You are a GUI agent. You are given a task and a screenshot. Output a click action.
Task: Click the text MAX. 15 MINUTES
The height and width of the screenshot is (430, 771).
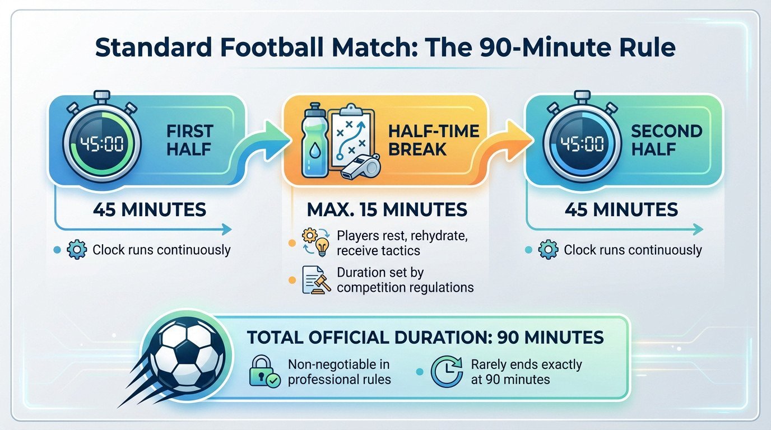coord(387,209)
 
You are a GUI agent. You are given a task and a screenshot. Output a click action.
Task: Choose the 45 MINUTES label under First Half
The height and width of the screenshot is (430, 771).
coord(149,209)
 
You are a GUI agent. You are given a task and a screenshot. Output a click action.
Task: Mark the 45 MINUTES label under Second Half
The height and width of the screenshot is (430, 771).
coord(620,209)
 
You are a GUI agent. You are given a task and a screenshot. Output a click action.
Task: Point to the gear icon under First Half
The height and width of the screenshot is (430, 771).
coord(76,250)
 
